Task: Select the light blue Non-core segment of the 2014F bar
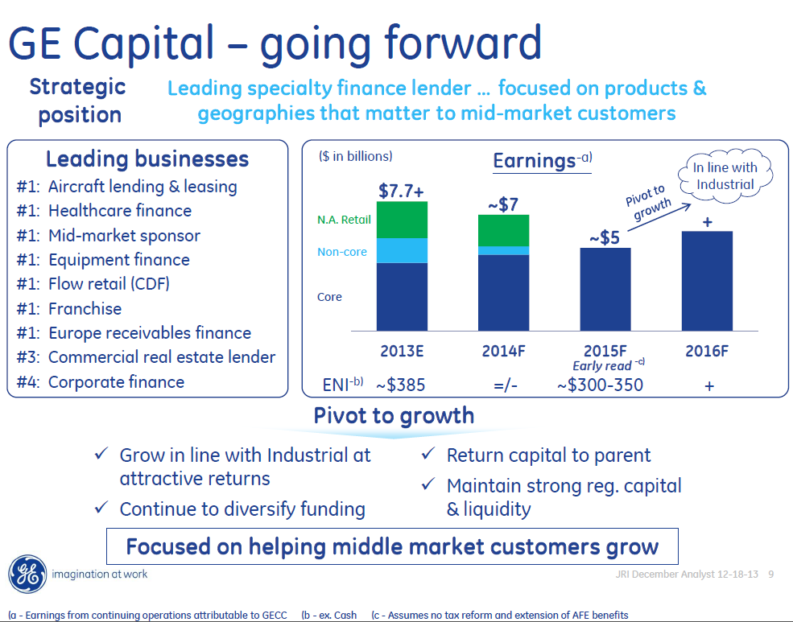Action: (x=503, y=250)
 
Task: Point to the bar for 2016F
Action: (x=707, y=280)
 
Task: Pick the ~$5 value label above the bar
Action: (x=605, y=237)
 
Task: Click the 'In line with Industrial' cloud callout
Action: (x=725, y=176)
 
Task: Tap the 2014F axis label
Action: (x=504, y=352)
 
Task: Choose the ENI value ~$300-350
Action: (x=600, y=385)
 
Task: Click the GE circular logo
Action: (x=28, y=574)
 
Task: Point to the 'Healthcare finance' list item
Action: (x=119, y=211)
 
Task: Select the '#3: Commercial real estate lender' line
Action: (x=146, y=357)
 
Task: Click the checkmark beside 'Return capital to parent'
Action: (x=428, y=455)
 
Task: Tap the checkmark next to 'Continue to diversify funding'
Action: (x=101, y=509)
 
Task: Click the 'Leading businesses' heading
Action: (x=147, y=159)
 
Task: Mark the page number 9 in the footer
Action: (x=770, y=575)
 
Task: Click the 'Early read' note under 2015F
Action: (x=601, y=366)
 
